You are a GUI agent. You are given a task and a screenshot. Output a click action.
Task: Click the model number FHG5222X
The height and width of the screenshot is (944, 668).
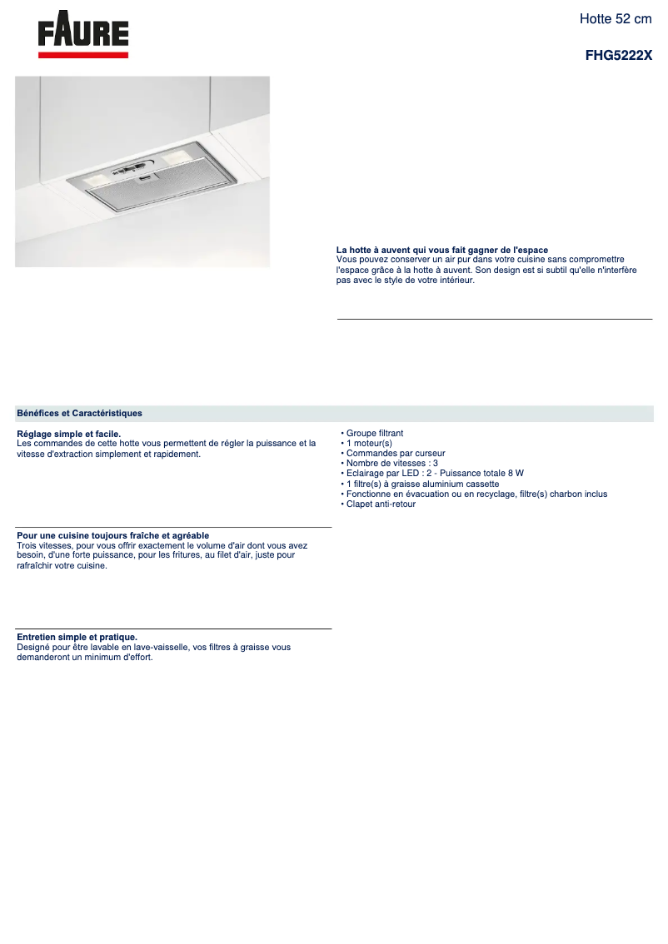click(619, 55)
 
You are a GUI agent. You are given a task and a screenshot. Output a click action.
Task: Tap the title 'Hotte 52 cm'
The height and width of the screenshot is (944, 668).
click(616, 18)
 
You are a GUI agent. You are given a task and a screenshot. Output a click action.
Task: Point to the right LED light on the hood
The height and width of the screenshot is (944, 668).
click(178, 157)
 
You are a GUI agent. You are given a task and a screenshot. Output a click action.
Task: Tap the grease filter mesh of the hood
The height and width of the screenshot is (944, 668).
click(146, 194)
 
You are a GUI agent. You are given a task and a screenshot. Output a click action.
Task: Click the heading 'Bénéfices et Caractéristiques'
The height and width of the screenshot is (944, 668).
click(79, 413)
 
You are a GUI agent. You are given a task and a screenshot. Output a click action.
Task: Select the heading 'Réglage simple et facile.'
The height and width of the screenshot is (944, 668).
click(68, 434)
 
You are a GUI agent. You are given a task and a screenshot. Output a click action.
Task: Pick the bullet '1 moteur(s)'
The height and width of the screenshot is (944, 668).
click(368, 444)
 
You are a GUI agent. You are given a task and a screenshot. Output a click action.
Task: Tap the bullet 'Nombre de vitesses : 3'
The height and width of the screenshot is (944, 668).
click(391, 464)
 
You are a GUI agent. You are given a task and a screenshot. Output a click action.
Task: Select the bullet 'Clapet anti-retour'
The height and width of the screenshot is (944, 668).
click(380, 504)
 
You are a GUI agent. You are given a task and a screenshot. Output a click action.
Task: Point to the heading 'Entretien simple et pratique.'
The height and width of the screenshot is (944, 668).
click(77, 637)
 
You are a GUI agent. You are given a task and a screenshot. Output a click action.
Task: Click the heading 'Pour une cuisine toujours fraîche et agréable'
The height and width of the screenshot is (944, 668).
click(112, 535)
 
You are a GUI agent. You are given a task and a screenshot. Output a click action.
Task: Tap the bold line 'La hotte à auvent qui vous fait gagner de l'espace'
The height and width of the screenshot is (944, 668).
click(441, 250)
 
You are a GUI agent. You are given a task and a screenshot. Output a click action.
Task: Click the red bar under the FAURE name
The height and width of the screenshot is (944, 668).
click(83, 55)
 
